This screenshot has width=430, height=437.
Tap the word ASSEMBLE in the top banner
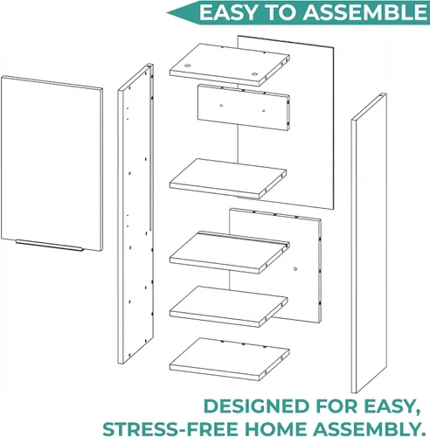(365, 13)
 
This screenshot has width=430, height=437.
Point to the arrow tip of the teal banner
(167, 13)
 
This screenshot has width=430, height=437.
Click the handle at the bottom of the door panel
(50, 246)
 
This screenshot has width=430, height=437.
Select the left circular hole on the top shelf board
(188, 66)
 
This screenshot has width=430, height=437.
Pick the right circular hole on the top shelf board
(255, 74)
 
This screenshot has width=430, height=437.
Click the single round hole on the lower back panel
(295, 269)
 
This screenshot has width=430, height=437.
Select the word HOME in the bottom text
(275, 429)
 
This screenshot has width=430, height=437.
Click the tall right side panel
(369, 243)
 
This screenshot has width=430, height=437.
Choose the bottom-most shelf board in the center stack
(230, 359)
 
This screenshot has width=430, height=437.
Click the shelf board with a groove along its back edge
(230, 253)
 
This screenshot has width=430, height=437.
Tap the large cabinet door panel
(52, 163)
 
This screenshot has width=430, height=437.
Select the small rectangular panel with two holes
(244, 108)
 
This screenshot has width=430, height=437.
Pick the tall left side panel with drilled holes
(135, 213)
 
